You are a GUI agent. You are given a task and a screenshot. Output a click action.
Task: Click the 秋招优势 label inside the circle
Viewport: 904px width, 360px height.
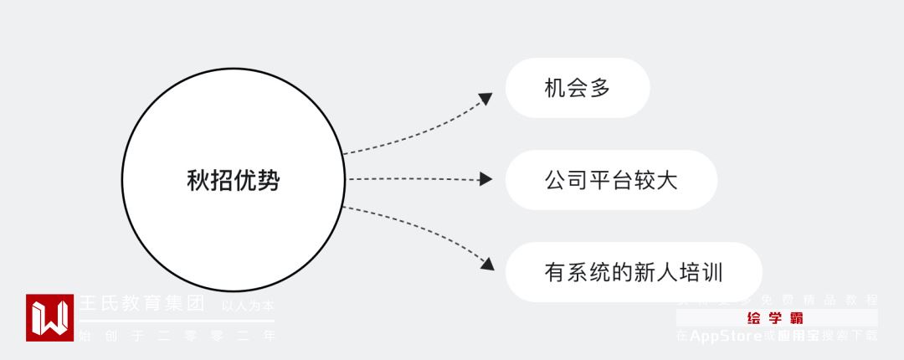(233, 180)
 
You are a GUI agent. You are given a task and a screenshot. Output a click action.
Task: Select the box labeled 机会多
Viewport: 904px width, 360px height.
(578, 87)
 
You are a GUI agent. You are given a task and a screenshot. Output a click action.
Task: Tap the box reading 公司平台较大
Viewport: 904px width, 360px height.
(611, 179)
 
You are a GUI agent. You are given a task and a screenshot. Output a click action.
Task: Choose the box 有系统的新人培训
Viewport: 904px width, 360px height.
(634, 272)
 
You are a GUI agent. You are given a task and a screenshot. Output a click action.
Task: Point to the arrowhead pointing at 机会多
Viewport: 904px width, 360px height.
(486, 99)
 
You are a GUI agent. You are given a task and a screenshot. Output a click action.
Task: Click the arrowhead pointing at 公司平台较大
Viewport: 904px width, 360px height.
(485, 179)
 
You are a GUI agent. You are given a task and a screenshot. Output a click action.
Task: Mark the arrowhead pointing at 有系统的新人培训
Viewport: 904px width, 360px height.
(486, 265)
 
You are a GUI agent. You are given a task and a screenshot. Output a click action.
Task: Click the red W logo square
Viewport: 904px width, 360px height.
(49, 317)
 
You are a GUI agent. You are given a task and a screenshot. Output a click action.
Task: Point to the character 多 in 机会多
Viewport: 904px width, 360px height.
(600, 87)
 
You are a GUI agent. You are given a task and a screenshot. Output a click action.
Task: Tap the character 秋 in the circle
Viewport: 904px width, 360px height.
(198, 180)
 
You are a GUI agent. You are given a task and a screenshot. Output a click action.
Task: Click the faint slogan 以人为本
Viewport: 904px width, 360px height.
(247, 306)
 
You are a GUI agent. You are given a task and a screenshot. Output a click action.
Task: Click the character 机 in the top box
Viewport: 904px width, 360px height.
(554, 87)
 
